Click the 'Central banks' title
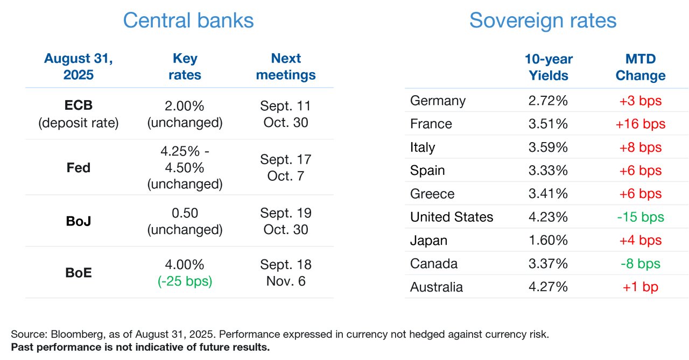click(188, 20)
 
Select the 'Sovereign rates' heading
click(543, 21)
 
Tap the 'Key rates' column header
click(185, 66)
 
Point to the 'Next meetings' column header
click(286, 66)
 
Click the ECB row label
click(79, 105)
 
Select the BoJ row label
click(79, 221)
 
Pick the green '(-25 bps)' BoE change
click(185, 281)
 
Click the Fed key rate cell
click(185, 167)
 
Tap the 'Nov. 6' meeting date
click(286, 281)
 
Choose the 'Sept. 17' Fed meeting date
click(286, 160)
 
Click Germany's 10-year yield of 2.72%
click(548, 101)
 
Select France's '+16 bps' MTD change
click(641, 124)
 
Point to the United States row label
click(452, 217)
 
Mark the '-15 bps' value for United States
click(641, 217)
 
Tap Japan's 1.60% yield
click(548, 240)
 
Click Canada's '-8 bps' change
click(641, 264)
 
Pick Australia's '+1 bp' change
click(641, 287)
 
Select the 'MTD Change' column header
click(641, 67)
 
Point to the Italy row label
click(423, 147)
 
